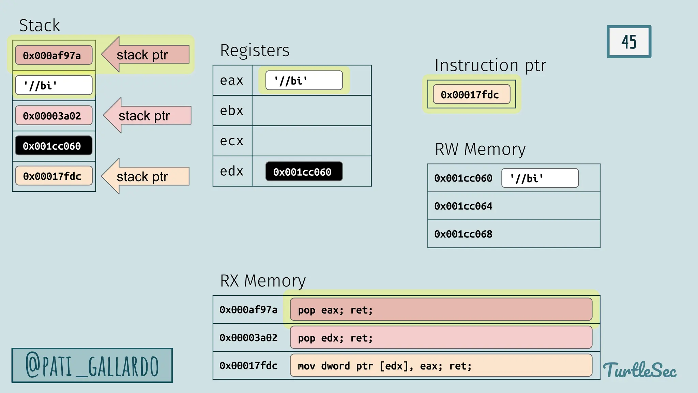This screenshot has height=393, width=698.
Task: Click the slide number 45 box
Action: tap(629, 42)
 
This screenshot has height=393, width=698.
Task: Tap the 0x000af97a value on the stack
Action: tap(54, 55)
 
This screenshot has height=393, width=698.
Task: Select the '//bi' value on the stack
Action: tap(54, 85)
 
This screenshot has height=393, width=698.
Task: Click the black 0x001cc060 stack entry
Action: tap(54, 146)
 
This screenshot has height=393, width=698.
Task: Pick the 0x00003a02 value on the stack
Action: tap(54, 116)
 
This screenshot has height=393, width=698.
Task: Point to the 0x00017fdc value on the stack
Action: tap(54, 176)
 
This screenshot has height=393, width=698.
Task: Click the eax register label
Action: tap(232, 81)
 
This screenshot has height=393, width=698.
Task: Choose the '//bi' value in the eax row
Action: tap(304, 81)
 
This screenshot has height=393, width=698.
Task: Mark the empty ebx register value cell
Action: tap(312, 111)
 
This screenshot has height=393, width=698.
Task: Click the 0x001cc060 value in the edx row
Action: tap(304, 172)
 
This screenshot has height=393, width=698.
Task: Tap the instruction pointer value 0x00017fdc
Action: tap(471, 94)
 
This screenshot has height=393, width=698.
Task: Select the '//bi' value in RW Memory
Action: tap(540, 178)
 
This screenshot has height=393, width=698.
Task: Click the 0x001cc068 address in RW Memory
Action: tap(463, 234)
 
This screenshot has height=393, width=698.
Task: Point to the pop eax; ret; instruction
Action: tap(441, 310)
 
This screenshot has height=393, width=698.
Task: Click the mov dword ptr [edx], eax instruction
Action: tap(441, 366)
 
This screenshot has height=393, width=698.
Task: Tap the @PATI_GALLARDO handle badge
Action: tap(92, 366)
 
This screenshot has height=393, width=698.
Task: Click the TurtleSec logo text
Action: tap(640, 370)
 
